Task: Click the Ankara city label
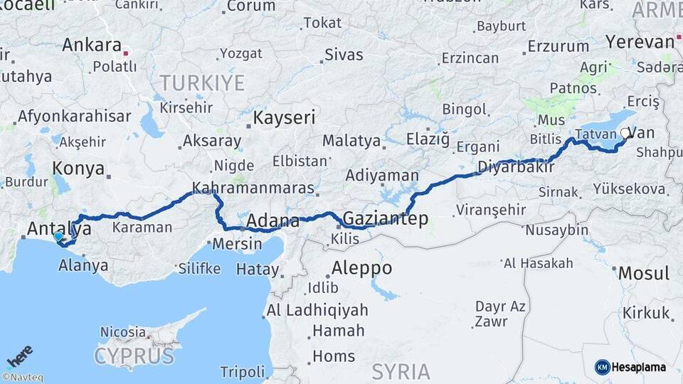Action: tap(92, 45)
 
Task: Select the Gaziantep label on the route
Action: tap(386, 218)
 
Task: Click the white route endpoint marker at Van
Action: tap(625, 132)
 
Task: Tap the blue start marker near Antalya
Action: tap(58, 237)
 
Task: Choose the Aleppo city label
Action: tap(361, 268)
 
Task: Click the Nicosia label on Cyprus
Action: tap(122, 331)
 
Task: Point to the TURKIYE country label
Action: tap(202, 82)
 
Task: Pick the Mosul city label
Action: tap(643, 273)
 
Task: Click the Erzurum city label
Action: tap(558, 47)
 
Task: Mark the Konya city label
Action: tap(78, 169)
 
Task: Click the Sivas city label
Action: tap(344, 54)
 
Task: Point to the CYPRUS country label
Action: tap(134, 356)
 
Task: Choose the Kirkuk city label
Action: tap(646, 313)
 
